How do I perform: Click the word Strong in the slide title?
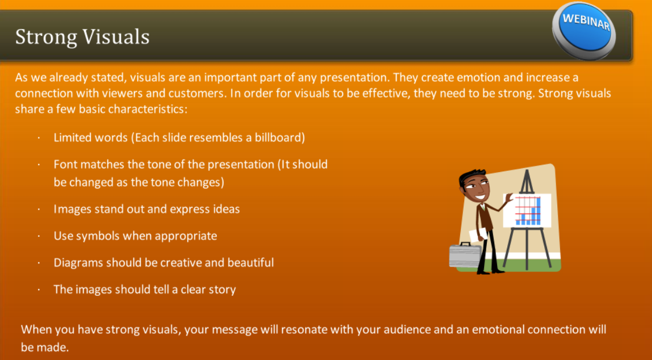pos(46,36)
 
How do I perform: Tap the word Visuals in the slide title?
pos(116,36)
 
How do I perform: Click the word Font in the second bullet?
pos(65,165)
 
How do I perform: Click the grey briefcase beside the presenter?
pos(464,255)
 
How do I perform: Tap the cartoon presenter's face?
pos(474,188)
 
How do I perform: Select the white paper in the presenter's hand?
pos(478,235)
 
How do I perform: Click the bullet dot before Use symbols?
pos(38,236)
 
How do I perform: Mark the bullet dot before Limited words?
pos(38,138)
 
